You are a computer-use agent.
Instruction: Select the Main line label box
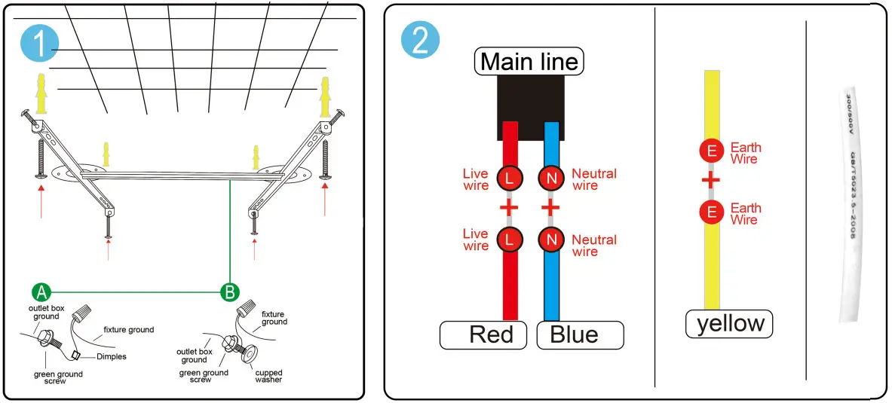(x=529, y=62)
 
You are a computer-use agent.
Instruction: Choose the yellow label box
(x=729, y=323)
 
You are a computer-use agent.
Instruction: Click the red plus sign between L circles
(x=510, y=207)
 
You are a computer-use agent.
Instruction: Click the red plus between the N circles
(x=550, y=207)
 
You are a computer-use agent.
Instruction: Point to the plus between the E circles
(x=711, y=181)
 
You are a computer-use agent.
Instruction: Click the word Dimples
(x=112, y=357)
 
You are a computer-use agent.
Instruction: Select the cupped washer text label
(x=268, y=375)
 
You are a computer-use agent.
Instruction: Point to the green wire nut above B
(x=246, y=310)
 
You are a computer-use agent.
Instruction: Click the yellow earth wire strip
(x=712, y=256)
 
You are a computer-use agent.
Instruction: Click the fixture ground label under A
(x=129, y=329)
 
